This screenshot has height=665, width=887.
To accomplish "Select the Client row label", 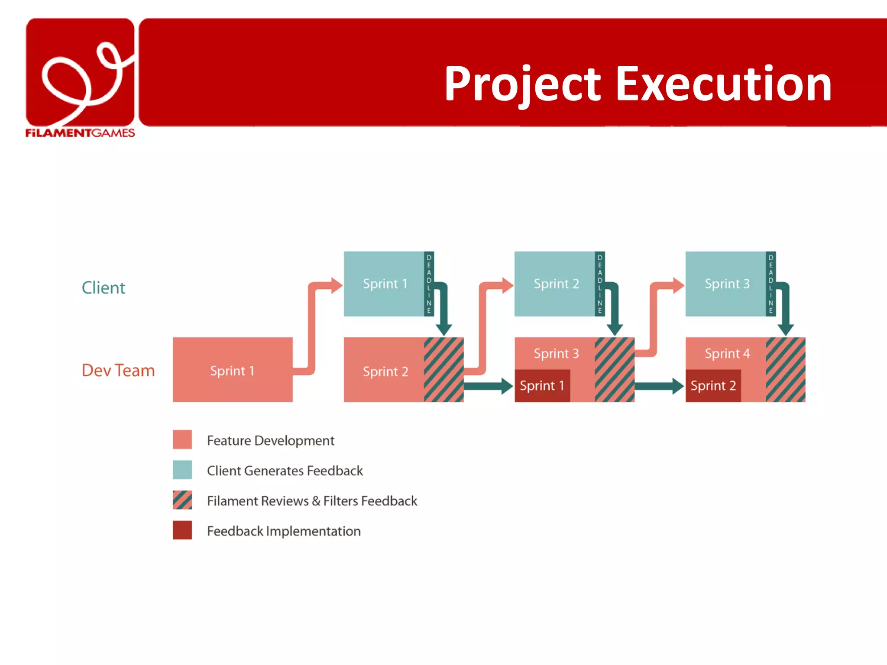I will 103,288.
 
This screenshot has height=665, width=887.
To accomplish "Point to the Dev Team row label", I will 118,371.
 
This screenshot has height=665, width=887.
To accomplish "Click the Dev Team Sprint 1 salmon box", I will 233,370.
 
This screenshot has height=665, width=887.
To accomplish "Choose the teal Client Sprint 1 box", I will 384,284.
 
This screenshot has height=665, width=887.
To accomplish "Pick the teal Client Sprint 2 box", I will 555,284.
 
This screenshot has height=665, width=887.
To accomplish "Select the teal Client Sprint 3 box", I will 726,284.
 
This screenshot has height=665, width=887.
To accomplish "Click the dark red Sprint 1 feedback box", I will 542,386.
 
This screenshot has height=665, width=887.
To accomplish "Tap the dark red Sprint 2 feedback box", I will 713,386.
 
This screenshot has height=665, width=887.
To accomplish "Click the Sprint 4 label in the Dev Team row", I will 727,354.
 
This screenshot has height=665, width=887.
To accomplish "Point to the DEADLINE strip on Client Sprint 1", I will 429,284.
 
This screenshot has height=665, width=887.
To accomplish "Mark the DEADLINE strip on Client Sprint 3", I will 770,284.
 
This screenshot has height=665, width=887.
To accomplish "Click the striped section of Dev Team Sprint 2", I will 443,370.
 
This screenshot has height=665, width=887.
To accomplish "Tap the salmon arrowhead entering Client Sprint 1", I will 337,285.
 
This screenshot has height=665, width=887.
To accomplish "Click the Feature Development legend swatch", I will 182,439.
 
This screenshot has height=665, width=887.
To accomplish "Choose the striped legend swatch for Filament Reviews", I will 182,500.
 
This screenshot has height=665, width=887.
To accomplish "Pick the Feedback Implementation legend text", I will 284,531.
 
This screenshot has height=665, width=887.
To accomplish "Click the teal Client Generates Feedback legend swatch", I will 182,470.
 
